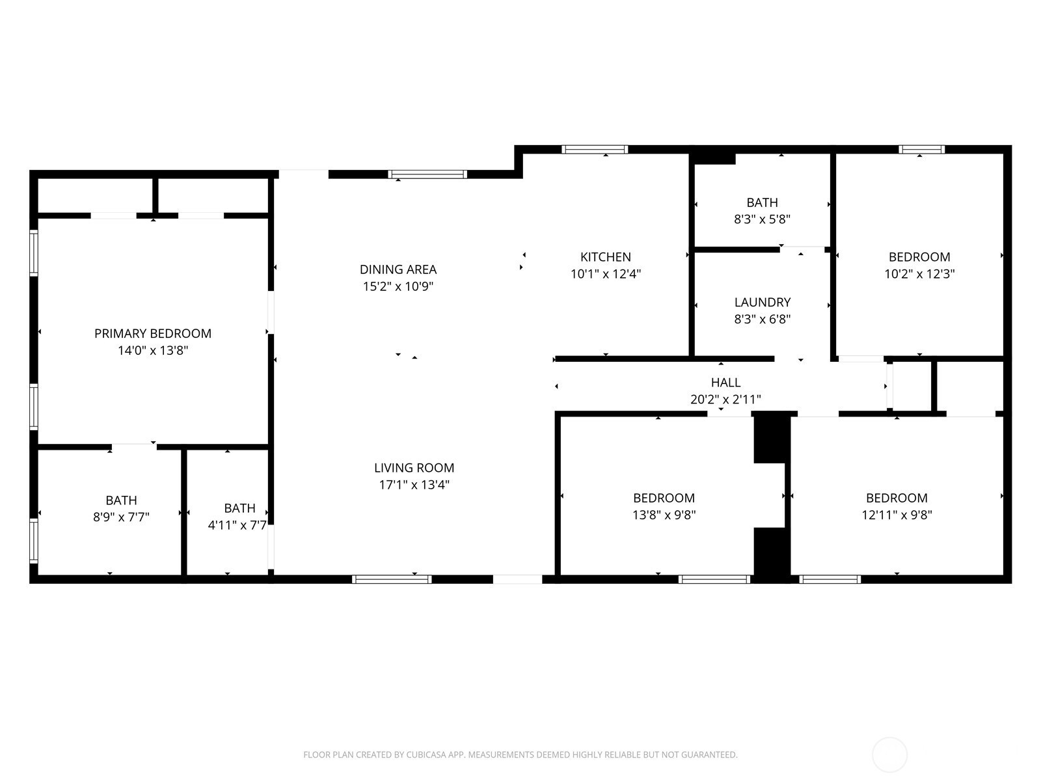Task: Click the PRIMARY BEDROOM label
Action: [153, 333]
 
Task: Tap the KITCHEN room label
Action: [606, 257]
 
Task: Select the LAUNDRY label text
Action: [762, 302]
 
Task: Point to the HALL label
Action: [725, 382]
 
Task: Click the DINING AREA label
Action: [398, 269]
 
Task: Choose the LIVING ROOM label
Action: [414, 467]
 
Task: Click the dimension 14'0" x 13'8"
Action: [153, 350]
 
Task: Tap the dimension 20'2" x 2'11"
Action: [725, 399]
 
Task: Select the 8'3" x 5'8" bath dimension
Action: [762, 219]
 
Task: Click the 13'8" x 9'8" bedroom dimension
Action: [664, 515]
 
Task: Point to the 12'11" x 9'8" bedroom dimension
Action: [897, 515]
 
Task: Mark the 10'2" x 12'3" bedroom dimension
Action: [919, 273]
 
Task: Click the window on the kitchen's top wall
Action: [595, 150]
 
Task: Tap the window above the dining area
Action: [427, 174]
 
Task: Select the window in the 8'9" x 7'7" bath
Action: [34, 541]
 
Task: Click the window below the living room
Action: [392, 579]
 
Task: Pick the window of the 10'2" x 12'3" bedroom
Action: [921, 150]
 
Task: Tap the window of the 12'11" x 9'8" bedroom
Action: [830, 579]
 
